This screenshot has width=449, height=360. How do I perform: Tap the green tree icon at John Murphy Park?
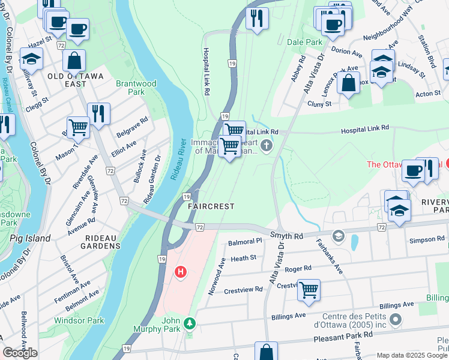point(190,324)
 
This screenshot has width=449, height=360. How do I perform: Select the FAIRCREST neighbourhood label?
point(211,206)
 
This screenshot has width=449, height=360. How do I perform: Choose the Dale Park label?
point(304,43)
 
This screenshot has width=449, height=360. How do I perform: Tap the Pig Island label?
point(30,238)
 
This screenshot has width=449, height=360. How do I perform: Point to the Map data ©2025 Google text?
point(411,355)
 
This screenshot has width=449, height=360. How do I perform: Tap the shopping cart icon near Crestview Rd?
point(309,290)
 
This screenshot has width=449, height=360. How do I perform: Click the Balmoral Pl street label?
point(246,242)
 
